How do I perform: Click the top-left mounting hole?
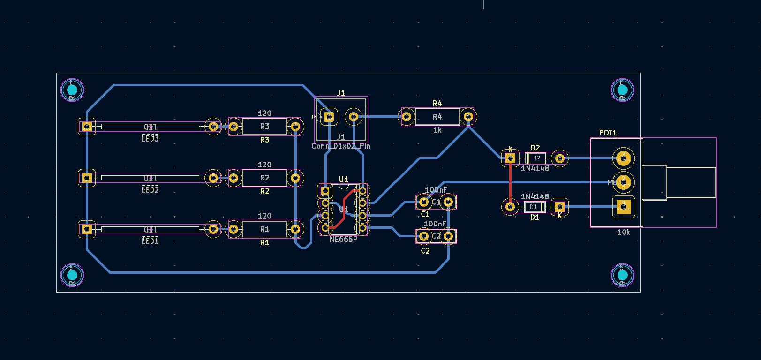(72, 90)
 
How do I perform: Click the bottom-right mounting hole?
(622, 275)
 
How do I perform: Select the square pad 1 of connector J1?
(329, 116)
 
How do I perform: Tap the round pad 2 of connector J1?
(354, 116)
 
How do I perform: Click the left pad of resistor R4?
(407, 116)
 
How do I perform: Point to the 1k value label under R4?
(437, 130)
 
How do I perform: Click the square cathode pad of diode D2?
(510, 158)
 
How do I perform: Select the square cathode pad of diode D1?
(559, 206)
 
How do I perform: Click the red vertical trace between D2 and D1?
(510, 183)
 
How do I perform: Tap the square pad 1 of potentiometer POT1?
(623, 206)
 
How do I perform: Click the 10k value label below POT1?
(623, 232)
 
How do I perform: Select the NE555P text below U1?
(343, 240)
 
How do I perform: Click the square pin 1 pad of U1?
(325, 191)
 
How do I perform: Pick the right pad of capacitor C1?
(448, 202)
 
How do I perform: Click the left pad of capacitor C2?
(423, 236)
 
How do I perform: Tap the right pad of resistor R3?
(295, 126)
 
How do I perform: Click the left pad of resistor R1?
(234, 229)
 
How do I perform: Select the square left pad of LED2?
(87, 178)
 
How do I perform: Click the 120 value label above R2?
(264, 165)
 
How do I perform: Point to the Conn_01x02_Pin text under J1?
(341, 146)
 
